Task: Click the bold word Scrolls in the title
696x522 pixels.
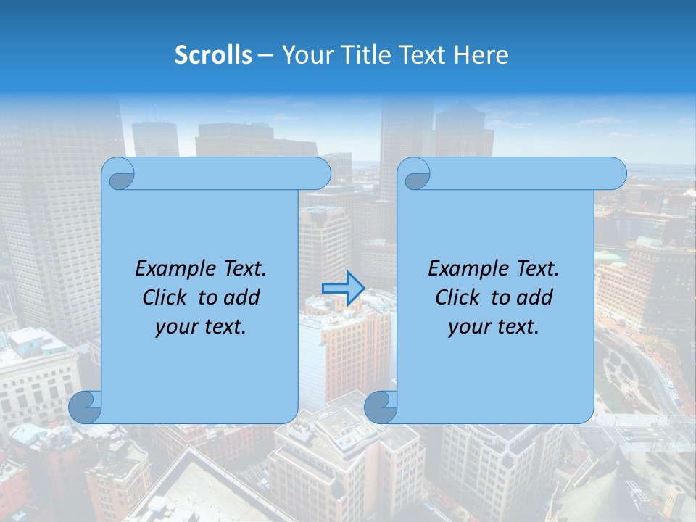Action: pos(213,55)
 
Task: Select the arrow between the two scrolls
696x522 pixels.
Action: pos(342,289)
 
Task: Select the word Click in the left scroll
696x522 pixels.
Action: pos(164,298)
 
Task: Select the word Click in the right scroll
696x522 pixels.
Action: pos(457,298)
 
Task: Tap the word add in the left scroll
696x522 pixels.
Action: pos(243,298)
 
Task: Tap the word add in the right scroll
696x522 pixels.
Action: pos(536,298)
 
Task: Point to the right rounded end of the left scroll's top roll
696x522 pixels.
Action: pos(320,173)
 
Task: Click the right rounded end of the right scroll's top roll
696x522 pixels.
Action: pos(615,173)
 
